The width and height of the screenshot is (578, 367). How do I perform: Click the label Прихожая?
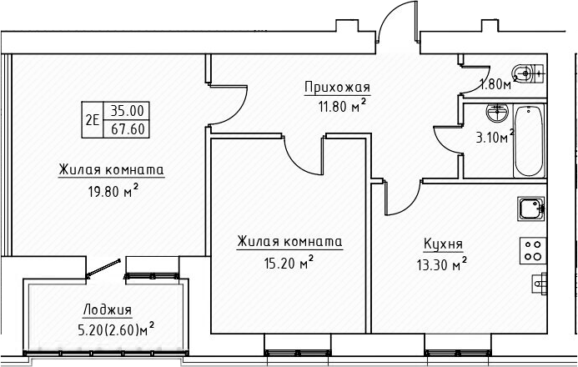[x=337, y=88]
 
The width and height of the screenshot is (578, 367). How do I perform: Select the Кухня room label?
[x=443, y=244]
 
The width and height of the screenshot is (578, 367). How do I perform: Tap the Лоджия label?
[x=108, y=309]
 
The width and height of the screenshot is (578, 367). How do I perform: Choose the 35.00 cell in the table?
[x=126, y=110]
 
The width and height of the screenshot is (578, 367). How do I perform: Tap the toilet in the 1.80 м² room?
[x=525, y=73]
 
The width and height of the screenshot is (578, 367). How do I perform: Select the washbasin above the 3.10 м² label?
[x=499, y=110]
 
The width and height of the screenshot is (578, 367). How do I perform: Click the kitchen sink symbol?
[x=530, y=207]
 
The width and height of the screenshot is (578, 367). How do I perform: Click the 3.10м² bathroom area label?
[x=495, y=138]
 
